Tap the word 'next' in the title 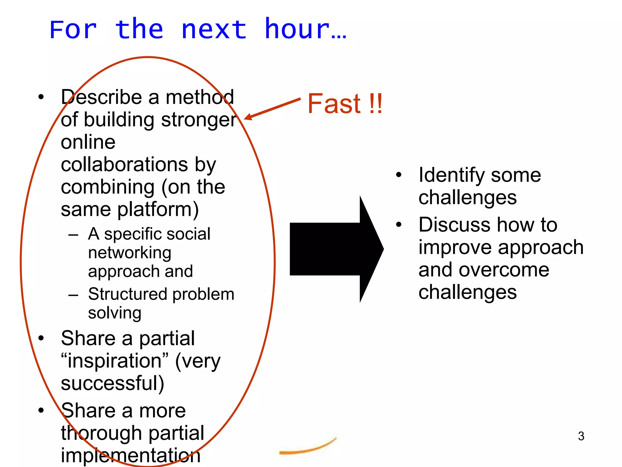tap(214, 30)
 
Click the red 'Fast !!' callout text tap(345, 104)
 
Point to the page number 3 tap(581, 436)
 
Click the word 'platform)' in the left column tap(158, 210)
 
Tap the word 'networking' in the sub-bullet tap(130, 253)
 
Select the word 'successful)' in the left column tap(112, 383)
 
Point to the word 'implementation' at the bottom tap(131, 455)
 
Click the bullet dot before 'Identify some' tap(399, 175)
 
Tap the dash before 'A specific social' tap(73, 235)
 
